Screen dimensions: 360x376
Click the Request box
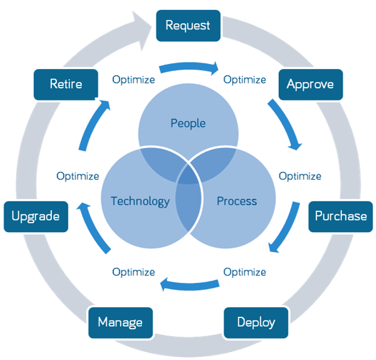coord(188,26)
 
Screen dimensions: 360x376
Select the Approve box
coord(310,84)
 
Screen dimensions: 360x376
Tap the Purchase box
coord(340,216)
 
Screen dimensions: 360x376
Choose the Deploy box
coord(256,322)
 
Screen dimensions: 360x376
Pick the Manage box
coord(120,322)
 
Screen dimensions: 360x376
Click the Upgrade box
coord(36,216)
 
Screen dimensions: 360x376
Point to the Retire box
coord(66,83)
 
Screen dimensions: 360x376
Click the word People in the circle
coord(188,123)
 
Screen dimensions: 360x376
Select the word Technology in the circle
coord(140,201)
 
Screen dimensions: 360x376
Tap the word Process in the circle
coord(236,201)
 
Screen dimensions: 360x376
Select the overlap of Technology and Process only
coord(188,216)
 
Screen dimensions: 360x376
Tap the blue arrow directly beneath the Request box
coord(188,66)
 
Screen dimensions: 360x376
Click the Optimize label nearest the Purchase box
coord(300,176)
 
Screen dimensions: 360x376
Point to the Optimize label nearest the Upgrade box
coord(78,176)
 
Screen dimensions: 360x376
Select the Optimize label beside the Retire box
coord(133,80)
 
